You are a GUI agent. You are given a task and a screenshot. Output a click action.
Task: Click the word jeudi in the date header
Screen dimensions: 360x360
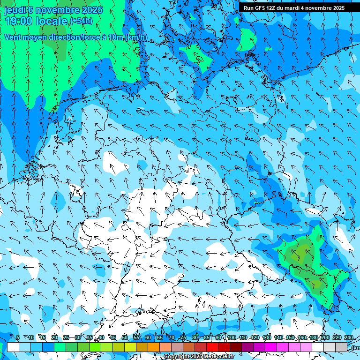(x=15, y=10)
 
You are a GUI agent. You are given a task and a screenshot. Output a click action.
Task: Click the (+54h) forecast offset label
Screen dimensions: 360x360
(x=81, y=21)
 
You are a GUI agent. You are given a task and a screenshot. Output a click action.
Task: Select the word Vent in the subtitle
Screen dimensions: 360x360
(x=13, y=37)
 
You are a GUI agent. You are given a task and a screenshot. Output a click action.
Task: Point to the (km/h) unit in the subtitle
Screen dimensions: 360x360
(x=136, y=37)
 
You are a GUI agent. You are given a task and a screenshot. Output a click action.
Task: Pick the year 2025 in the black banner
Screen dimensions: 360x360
(x=336, y=8)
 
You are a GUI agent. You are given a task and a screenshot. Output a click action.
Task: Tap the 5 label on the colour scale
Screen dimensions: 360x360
(x=18, y=337)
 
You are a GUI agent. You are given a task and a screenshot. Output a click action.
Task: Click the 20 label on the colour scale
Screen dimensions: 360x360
(x=54, y=337)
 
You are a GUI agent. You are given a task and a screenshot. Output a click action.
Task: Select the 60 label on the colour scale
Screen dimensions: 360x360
(x=148, y=337)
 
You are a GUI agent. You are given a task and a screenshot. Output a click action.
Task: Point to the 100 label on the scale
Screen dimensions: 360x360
(x=232, y=337)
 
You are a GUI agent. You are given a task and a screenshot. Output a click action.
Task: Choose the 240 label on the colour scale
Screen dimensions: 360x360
(x=349, y=337)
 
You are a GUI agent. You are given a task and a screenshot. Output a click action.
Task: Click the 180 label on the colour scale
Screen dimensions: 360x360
(x=313, y=337)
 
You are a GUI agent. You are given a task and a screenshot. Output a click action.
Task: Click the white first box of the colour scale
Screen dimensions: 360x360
(x=13, y=347)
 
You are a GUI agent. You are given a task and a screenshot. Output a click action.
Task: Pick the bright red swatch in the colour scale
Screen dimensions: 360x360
(x=212, y=347)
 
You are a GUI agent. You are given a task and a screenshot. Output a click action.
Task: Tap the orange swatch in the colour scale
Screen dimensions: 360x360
(x=154, y=347)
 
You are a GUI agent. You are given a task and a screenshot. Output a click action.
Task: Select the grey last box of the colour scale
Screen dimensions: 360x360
(x=341, y=347)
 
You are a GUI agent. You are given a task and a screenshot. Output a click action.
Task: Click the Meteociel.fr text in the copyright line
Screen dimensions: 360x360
(x=220, y=357)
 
